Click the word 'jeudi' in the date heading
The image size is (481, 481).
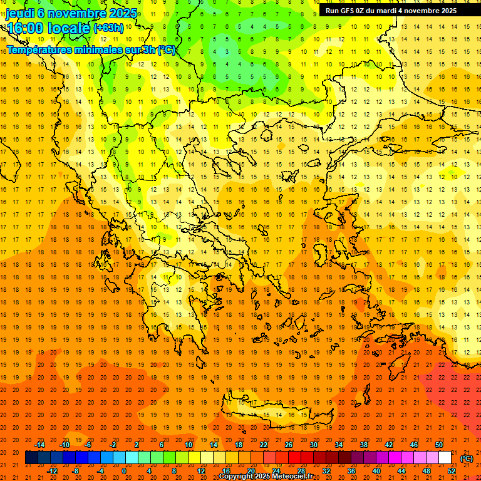[x=19, y=13]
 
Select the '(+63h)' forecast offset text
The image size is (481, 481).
[x=108, y=28]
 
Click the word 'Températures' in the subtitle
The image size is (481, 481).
[x=39, y=49]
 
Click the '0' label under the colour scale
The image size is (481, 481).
[x=124, y=471]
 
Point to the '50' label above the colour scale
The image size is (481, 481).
[x=439, y=445]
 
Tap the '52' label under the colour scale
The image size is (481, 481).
[x=452, y=471]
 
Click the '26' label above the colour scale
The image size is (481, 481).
[x=289, y=445]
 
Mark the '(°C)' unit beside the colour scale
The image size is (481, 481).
[x=467, y=458]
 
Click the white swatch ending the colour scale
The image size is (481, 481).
[x=445, y=458]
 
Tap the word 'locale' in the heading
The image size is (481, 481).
[x=68, y=28]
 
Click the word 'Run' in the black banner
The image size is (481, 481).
[x=332, y=11]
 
